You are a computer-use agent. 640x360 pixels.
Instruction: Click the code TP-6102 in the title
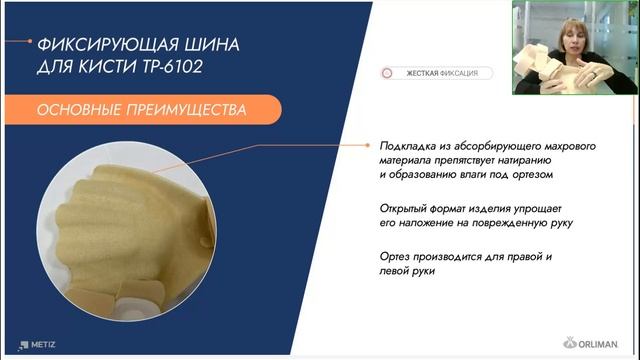coord(206,70)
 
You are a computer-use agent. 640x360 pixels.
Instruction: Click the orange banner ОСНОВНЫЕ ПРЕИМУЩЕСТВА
coord(139,109)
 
